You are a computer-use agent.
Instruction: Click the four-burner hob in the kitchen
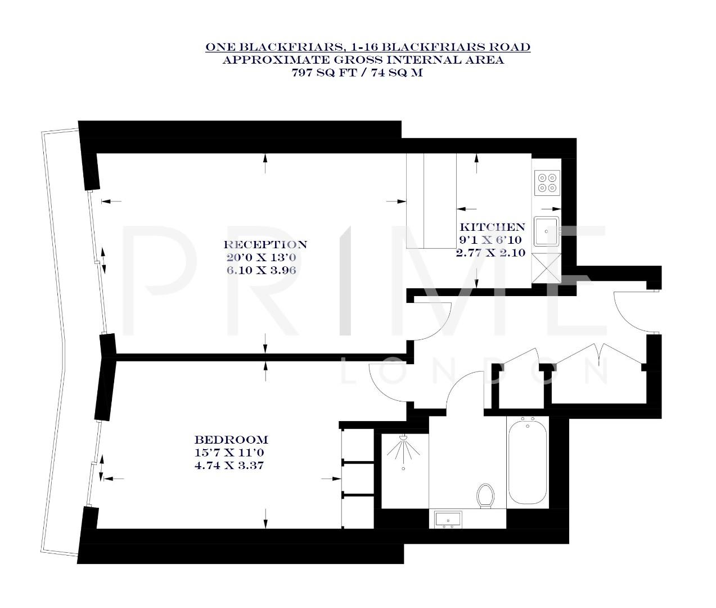click(547, 182)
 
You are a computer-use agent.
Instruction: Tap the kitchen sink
click(547, 231)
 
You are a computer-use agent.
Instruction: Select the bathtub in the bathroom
click(527, 462)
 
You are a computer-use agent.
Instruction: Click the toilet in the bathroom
click(485, 495)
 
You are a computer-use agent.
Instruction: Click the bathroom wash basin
click(448, 518)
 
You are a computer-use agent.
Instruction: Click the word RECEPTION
click(265, 245)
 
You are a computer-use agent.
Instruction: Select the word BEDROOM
click(231, 440)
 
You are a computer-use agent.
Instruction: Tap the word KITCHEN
click(492, 227)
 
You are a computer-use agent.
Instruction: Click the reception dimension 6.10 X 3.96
click(265, 270)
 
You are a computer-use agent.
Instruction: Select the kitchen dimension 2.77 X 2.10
click(490, 253)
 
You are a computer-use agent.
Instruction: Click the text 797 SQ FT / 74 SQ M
click(357, 73)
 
